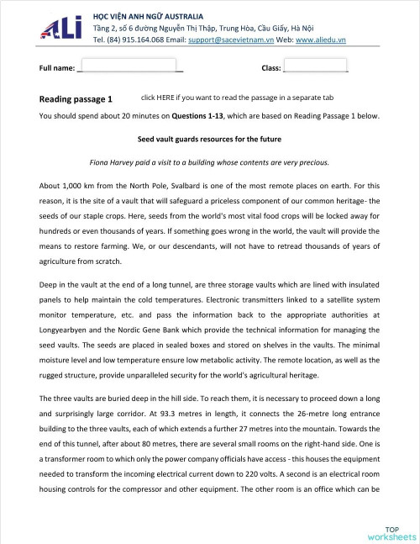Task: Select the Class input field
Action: [316, 66]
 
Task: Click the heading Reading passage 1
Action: [76, 99]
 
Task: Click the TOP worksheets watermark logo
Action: [391, 530]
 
